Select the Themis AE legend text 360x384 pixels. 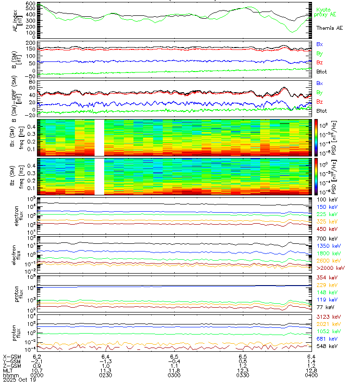tap(329, 28)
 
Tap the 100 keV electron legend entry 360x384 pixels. tap(326, 199)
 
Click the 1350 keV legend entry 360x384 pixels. tap(328, 245)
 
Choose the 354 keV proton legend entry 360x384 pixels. tap(326, 278)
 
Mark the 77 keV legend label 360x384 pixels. tap(325, 308)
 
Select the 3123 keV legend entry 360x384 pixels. tap(328, 317)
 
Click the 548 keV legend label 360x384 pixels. tap(326, 346)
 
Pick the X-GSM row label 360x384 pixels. tap(11, 356)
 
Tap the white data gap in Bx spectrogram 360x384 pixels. tap(99, 137)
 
